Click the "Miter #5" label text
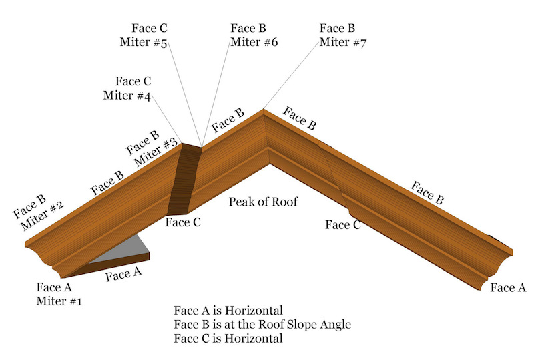(x=144, y=43)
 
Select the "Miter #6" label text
(x=254, y=42)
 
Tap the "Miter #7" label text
(x=343, y=43)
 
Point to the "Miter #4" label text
(x=127, y=96)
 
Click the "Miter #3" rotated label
(x=156, y=152)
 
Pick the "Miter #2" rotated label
(x=42, y=216)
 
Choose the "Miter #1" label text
(x=59, y=301)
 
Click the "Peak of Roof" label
(x=263, y=202)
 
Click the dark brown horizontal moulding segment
(x=184, y=180)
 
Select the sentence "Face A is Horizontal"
(x=228, y=311)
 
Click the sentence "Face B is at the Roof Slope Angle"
(x=262, y=325)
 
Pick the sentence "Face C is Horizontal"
(x=228, y=339)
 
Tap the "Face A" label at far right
(x=508, y=288)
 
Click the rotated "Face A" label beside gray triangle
(x=123, y=274)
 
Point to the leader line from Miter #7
(x=291, y=75)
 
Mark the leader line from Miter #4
(x=166, y=119)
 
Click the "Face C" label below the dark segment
(x=183, y=222)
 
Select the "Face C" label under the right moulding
(x=343, y=225)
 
